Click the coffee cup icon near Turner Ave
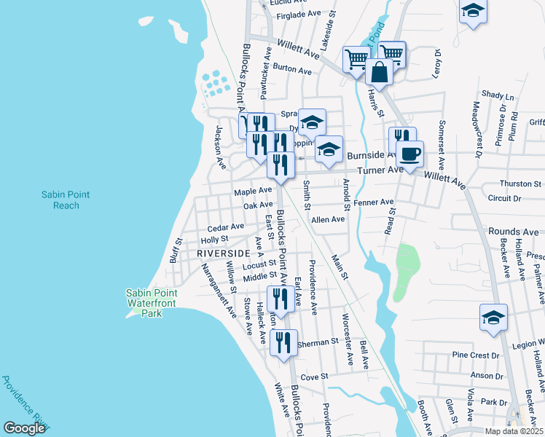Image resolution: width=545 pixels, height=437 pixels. click(410, 154)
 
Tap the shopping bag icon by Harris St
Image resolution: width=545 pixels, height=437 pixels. click(379, 71)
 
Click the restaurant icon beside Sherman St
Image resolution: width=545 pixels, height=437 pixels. click(283, 342)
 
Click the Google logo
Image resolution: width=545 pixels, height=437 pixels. click(24, 428)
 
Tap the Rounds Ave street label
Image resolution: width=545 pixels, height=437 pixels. click(514, 232)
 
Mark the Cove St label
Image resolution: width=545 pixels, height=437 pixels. click(315, 377)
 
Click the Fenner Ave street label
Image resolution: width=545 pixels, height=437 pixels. click(373, 202)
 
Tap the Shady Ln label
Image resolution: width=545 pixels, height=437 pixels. click(498, 95)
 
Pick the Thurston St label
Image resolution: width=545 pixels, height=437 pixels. click(521, 184)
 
